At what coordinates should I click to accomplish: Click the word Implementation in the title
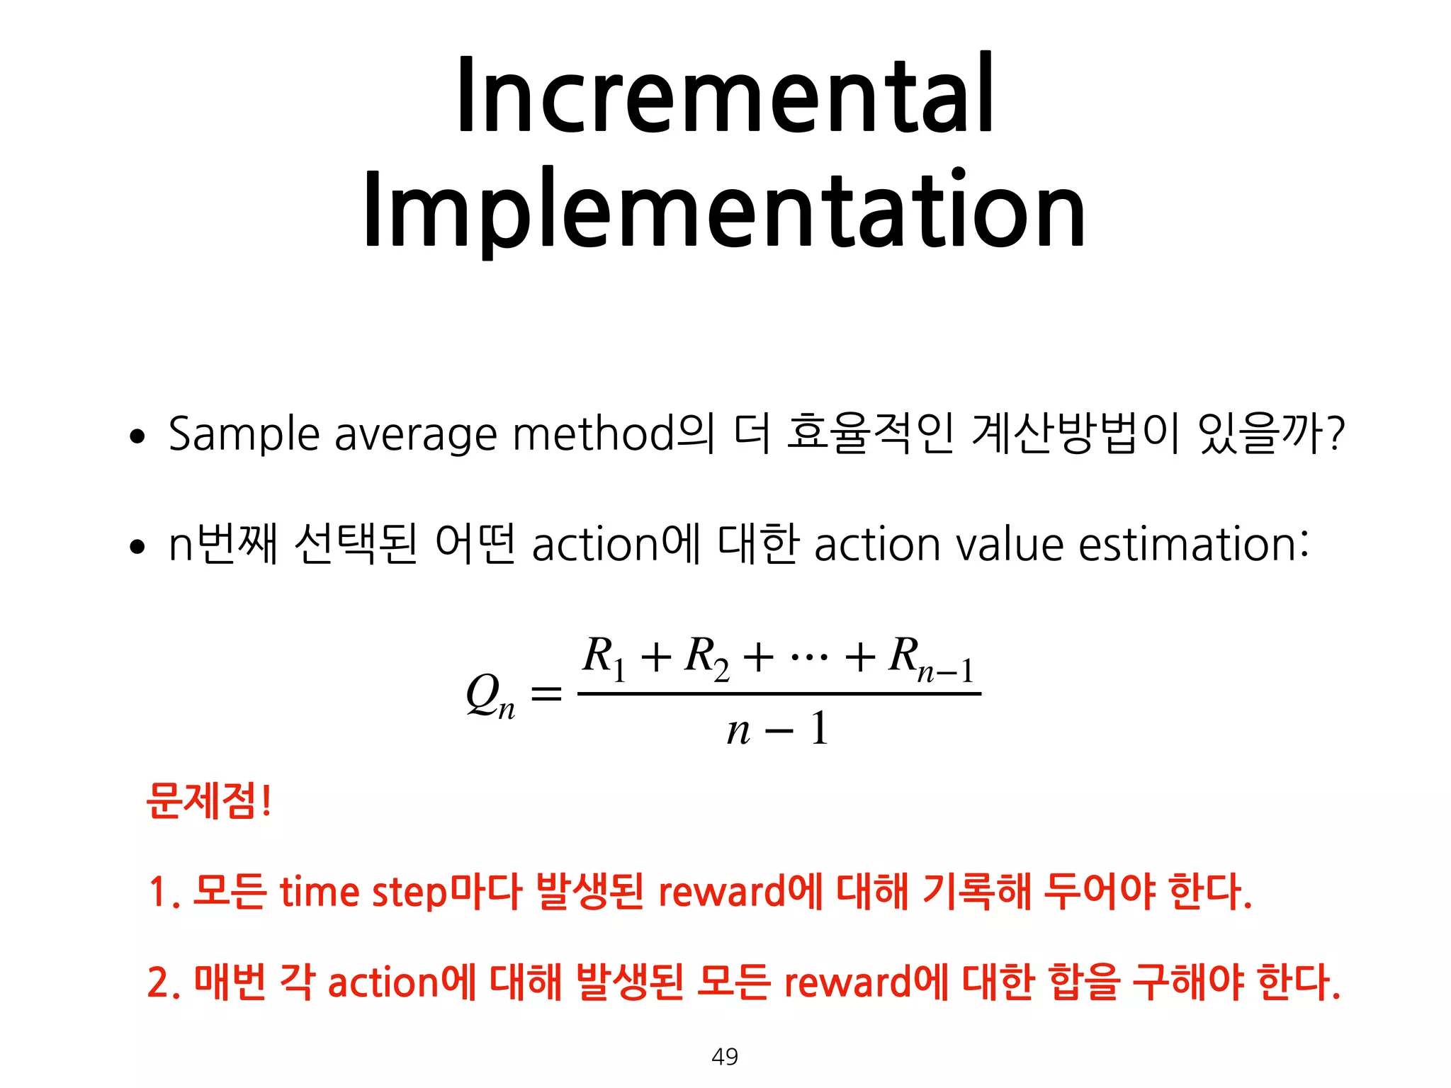pyautogui.click(x=724, y=210)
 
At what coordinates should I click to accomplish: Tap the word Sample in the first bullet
pyautogui.click(x=244, y=434)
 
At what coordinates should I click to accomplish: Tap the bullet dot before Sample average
pyautogui.click(x=137, y=436)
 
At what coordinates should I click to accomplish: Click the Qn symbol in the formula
pyautogui.click(x=490, y=696)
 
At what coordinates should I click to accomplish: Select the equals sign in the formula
pyautogui.click(x=546, y=693)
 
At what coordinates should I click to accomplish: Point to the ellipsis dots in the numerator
pyautogui.click(x=808, y=655)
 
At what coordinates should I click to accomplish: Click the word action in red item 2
pyautogui.click(x=383, y=982)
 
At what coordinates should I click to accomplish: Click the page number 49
pyautogui.click(x=725, y=1056)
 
